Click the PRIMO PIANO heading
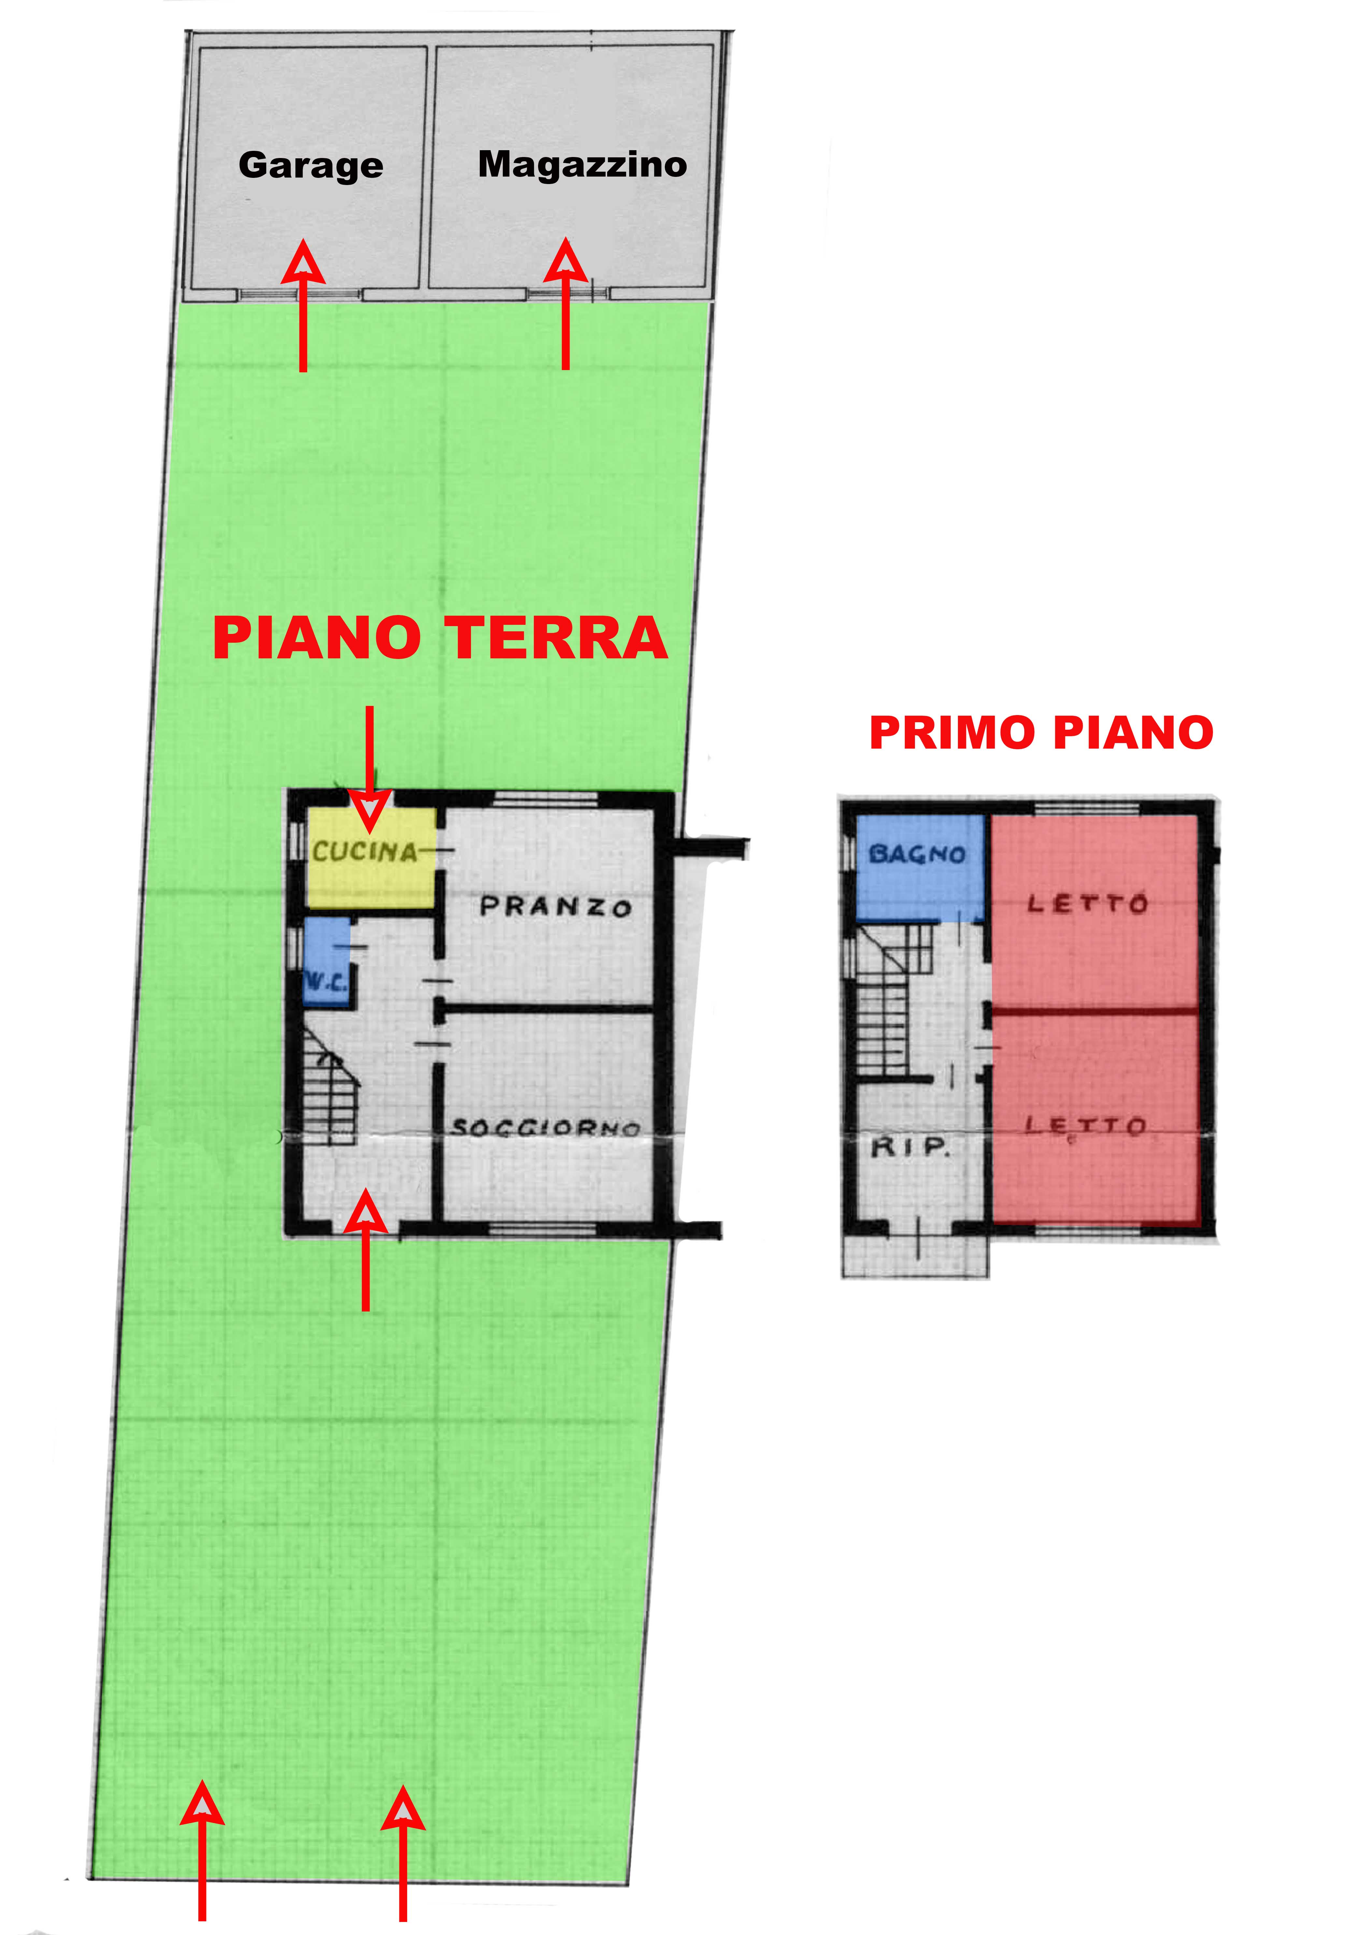point(1041,732)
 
